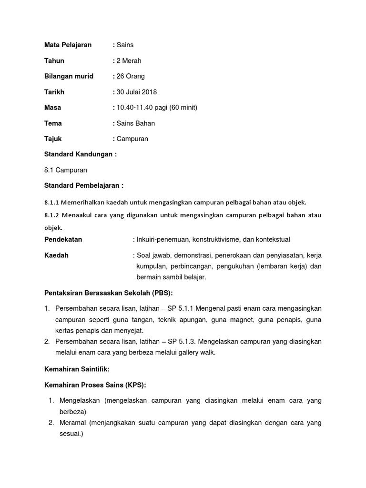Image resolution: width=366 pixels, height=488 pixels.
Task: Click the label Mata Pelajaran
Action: (x=68, y=45)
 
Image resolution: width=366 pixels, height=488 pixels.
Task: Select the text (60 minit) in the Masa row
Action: (x=180, y=108)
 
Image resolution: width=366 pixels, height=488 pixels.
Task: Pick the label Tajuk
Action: (x=53, y=139)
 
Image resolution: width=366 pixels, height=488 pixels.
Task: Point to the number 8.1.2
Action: (x=51, y=215)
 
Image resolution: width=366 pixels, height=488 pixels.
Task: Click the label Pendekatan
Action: (x=63, y=239)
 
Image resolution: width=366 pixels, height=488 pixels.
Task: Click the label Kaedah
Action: (x=56, y=255)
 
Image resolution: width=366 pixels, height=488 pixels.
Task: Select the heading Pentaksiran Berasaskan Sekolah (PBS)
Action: (x=108, y=293)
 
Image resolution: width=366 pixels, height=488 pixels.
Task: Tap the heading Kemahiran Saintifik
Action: (x=77, y=369)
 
